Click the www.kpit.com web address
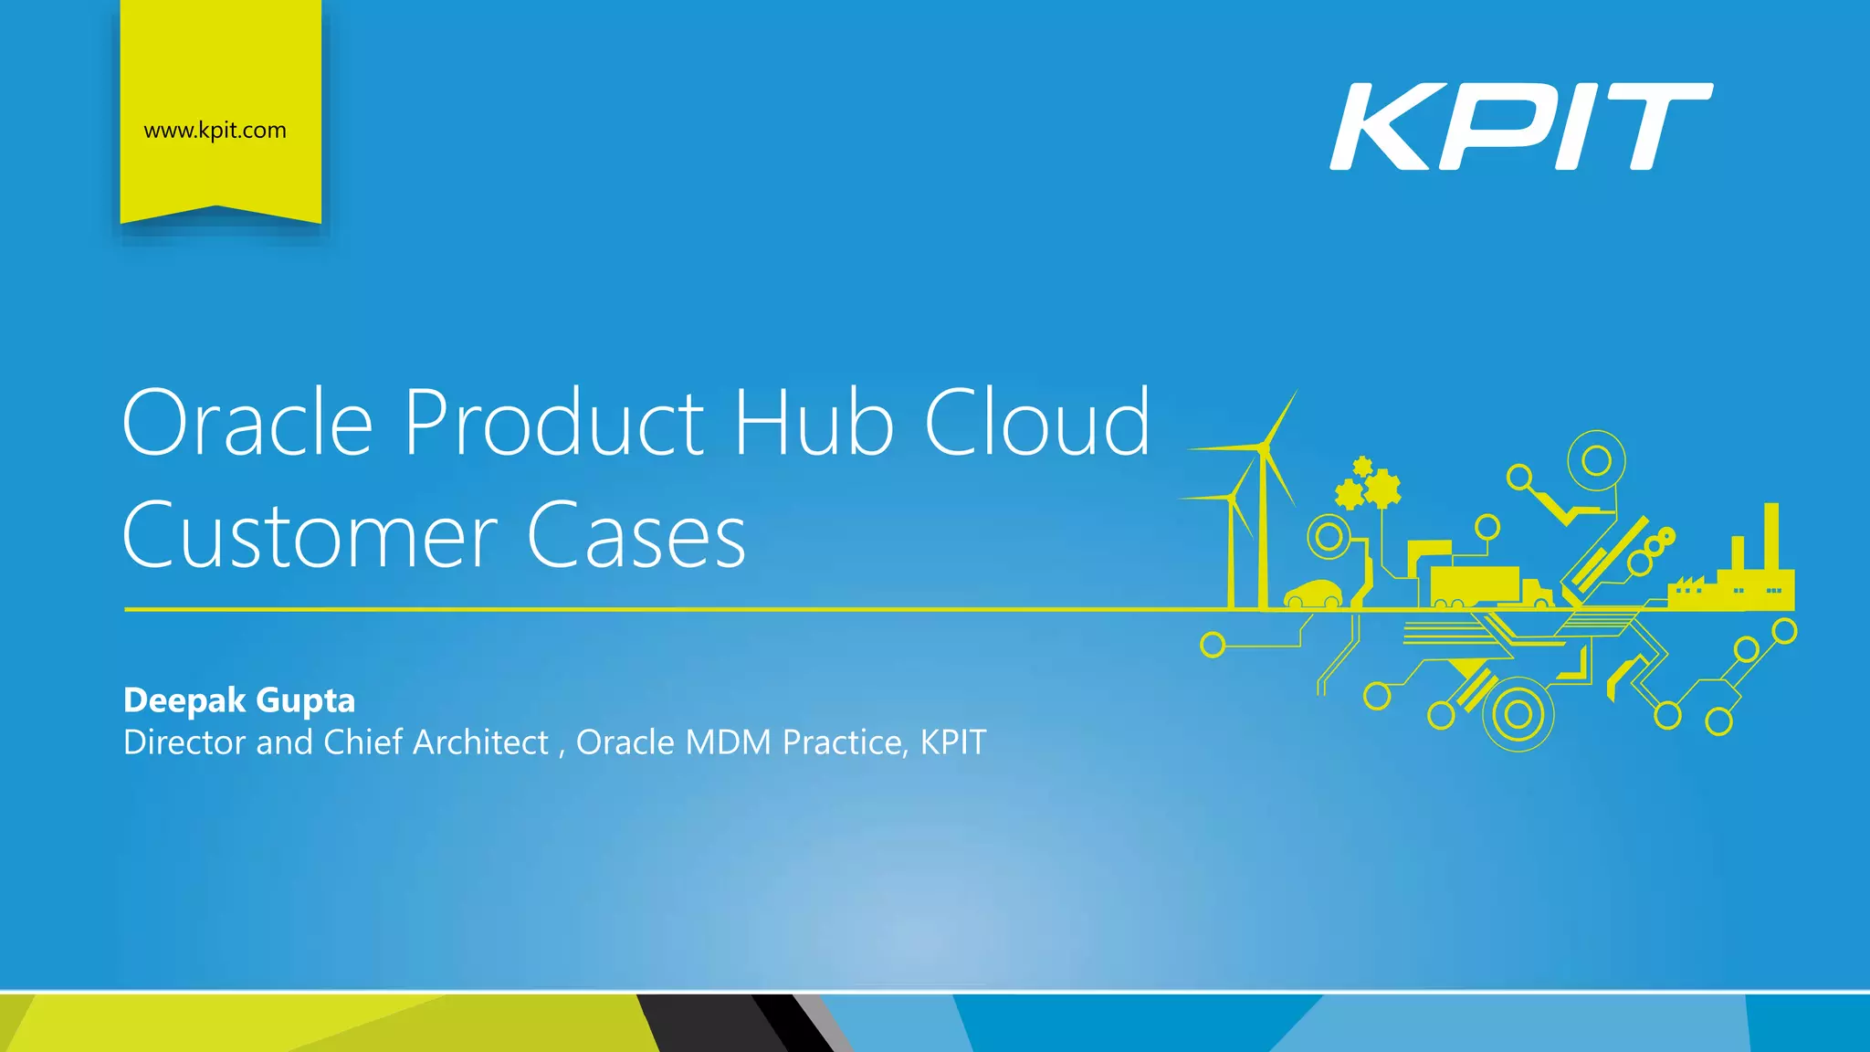coord(215,131)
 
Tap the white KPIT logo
coord(1520,126)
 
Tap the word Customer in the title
coord(310,536)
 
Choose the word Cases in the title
coord(636,536)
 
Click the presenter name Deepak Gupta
coord(239,700)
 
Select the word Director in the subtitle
coord(184,742)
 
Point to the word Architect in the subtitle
coord(480,742)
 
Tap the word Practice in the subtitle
coord(842,742)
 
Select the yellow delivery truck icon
coord(1488,586)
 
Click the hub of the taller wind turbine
coord(1263,447)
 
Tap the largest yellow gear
coord(1382,489)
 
